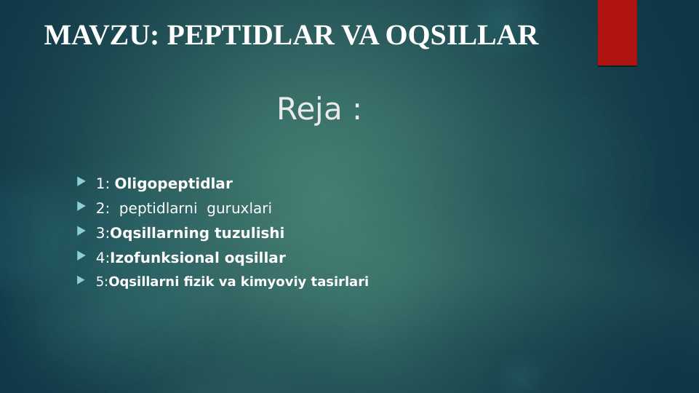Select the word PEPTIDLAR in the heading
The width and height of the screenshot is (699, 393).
[250, 35]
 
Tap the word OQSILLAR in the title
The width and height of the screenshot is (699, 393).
[462, 36]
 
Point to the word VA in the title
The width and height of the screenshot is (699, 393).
[360, 35]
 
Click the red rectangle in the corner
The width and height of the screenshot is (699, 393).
[618, 33]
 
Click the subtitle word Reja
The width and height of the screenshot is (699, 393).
[309, 109]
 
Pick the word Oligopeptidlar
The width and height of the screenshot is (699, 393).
[173, 184]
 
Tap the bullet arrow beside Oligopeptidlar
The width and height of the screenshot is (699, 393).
[81, 181]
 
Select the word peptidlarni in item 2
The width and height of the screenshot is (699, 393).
[158, 208]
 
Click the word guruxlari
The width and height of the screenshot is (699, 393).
[239, 208]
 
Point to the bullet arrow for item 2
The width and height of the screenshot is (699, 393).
[81, 206]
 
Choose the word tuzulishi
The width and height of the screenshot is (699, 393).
[249, 233]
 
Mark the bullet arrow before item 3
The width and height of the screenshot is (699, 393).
[81, 231]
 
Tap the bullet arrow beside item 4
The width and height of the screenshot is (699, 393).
[81, 255]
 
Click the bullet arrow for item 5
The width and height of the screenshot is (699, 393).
[81, 280]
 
